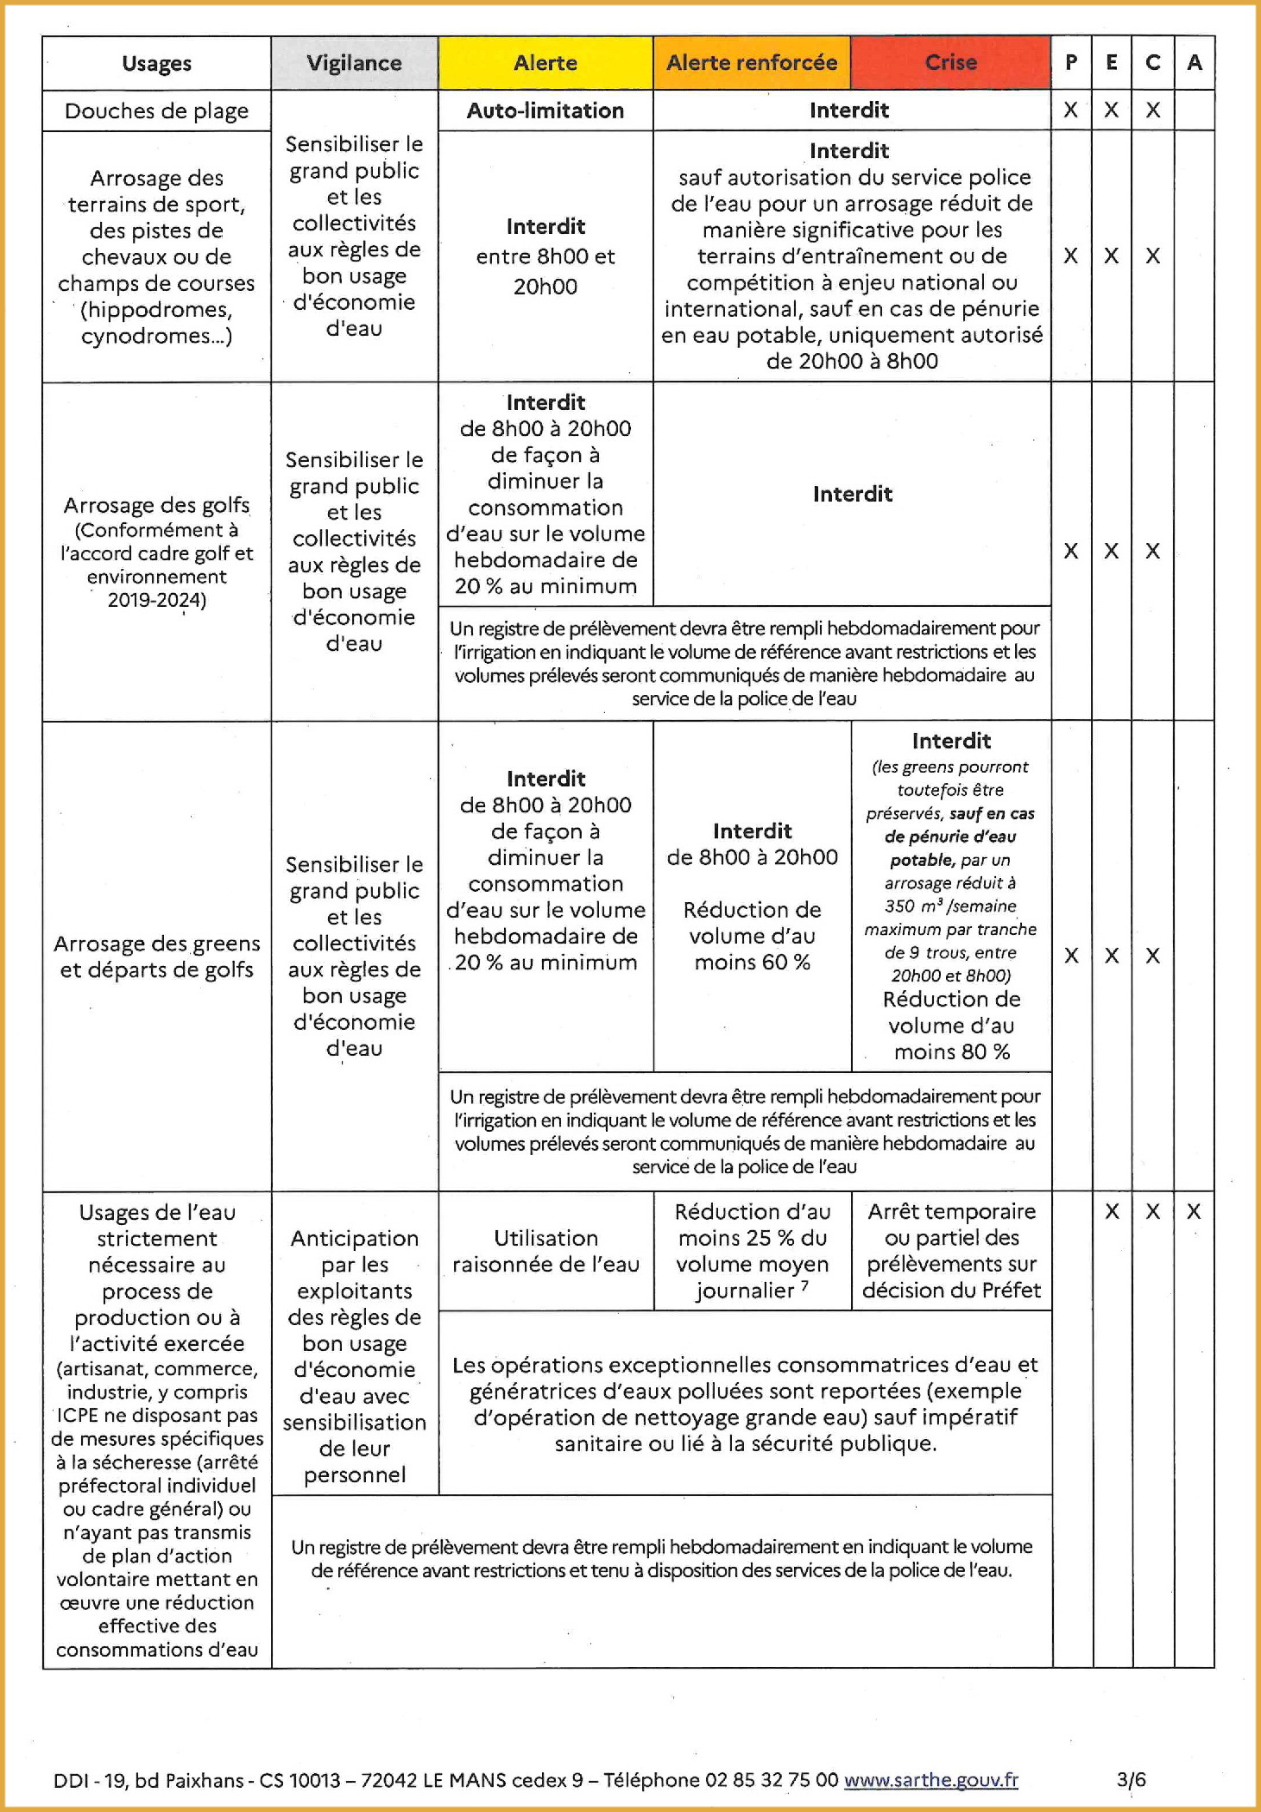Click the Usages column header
pyautogui.click(x=156, y=63)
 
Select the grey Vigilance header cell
pyautogui.click(x=354, y=63)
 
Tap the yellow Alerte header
pyautogui.click(x=545, y=63)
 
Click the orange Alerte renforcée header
pyautogui.click(x=752, y=63)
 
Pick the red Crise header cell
pyautogui.click(x=950, y=63)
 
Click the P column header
pyautogui.click(x=1071, y=63)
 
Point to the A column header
pyautogui.click(x=1195, y=63)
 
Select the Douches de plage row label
pyautogui.click(x=156, y=111)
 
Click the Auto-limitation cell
pyautogui.click(x=545, y=110)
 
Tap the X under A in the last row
pyautogui.click(x=1194, y=1211)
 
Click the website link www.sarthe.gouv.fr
pyautogui.click(x=930, y=1779)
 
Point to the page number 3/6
pyautogui.click(x=1131, y=1779)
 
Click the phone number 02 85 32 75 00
pyautogui.click(x=772, y=1779)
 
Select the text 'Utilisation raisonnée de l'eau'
pyautogui.click(x=545, y=1251)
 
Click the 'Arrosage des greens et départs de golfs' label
pyautogui.click(x=156, y=957)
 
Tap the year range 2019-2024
pyautogui.click(x=156, y=600)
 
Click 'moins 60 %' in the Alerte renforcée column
pyautogui.click(x=752, y=963)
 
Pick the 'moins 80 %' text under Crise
pyautogui.click(x=951, y=1051)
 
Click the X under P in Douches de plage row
pyautogui.click(x=1070, y=110)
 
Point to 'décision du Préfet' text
pyautogui.click(x=951, y=1290)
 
